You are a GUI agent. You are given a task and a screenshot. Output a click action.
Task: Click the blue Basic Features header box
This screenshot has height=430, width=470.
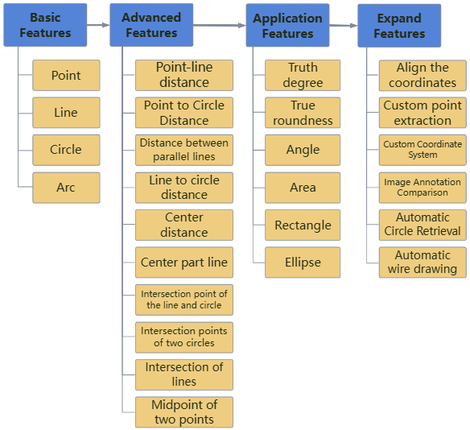pos(45,25)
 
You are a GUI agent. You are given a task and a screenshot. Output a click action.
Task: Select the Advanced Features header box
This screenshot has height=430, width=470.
pos(151,25)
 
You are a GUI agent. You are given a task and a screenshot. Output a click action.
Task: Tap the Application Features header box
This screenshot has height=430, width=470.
pos(287,25)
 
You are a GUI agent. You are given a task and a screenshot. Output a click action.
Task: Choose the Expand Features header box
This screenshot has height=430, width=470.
pos(399,25)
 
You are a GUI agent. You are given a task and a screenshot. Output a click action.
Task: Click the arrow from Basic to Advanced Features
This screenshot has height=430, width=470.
pos(98,25)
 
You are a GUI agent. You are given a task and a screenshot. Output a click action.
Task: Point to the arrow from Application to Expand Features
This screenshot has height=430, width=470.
pos(343,26)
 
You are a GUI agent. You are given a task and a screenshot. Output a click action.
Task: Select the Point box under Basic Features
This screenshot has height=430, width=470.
pos(66,76)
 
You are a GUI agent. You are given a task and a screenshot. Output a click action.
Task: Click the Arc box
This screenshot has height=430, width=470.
pos(66,188)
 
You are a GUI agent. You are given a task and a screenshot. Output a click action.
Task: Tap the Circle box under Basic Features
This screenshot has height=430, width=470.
pos(66,150)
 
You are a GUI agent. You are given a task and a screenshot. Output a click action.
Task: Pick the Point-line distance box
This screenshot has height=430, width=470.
pos(183,75)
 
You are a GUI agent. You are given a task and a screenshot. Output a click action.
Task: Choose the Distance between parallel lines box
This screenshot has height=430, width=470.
pos(183,150)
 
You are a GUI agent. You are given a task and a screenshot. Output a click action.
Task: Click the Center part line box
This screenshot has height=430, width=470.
pos(183,263)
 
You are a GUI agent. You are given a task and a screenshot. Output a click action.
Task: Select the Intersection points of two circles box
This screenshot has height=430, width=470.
pos(183,337)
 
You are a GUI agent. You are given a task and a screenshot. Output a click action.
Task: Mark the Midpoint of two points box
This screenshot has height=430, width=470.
pos(183,412)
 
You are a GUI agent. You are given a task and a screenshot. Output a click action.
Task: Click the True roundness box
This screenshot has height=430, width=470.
pos(303,113)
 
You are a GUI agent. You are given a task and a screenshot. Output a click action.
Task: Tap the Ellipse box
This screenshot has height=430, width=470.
pos(303,263)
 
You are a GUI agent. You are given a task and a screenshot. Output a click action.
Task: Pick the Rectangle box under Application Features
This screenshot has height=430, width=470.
pos(303,225)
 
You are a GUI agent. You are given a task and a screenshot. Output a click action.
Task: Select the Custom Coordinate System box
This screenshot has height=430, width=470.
pos(423,150)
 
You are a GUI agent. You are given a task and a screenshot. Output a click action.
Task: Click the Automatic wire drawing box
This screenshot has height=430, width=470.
pos(423,263)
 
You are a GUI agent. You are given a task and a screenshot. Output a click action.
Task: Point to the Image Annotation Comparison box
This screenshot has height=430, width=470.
pos(423,188)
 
